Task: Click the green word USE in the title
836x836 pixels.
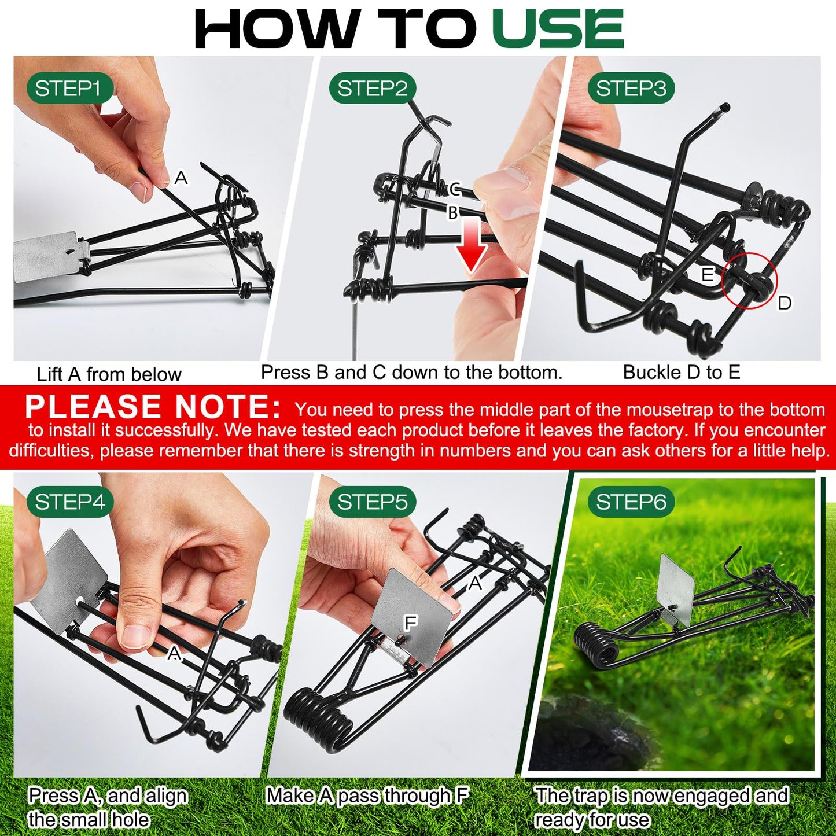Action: tap(558, 29)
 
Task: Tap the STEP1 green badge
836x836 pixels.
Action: tap(68, 89)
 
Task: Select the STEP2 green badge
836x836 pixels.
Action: tap(373, 89)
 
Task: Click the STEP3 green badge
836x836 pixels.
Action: tap(631, 89)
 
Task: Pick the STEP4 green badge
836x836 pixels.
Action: tap(69, 502)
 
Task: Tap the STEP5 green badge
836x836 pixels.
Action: tap(373, 502)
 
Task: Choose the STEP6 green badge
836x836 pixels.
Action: tap(631, 502)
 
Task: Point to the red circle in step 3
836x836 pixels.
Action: tap(750, 281)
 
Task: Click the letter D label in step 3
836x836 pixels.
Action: tap(785, 303)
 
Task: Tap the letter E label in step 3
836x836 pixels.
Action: tap(707, 275)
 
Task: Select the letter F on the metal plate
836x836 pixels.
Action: tap(410, 623)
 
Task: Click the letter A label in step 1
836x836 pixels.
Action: tap(181, 178)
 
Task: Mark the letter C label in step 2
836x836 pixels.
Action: tap(455, 189)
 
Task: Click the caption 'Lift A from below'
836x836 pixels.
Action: tap(109, 374)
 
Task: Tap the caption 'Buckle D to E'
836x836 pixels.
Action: tap(682, 373)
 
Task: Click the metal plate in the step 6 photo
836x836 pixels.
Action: tap(677, 590)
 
